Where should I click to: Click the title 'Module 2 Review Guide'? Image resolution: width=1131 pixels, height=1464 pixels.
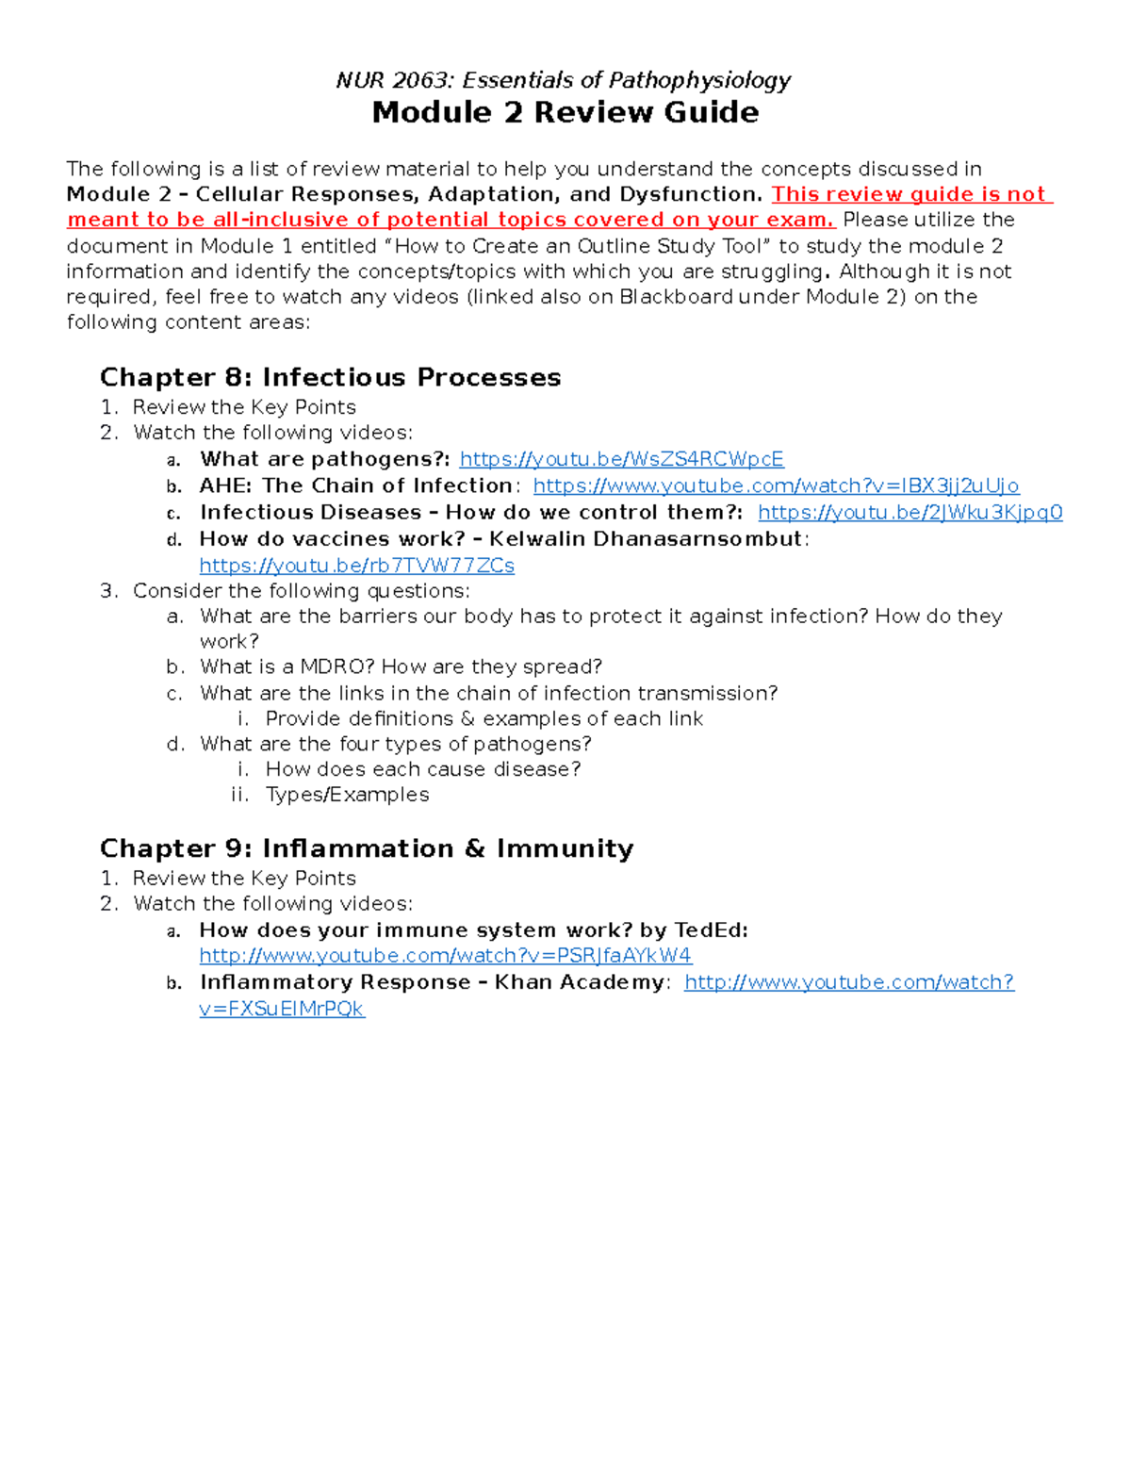[x=565, y=112]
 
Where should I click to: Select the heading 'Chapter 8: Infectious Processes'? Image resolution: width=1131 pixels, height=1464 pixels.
[x=330, y=377]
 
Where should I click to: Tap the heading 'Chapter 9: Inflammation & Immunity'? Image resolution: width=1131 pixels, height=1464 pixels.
[x=367, y=848]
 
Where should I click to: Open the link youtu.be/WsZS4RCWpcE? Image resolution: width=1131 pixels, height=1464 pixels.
[x=621, y=459]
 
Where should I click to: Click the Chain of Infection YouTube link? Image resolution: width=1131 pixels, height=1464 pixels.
[x=776, y=485]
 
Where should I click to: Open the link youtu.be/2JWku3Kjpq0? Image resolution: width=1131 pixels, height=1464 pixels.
[x=910, y=512]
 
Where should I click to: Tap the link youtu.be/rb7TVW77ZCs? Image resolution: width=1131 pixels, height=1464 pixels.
[x=356, y=566]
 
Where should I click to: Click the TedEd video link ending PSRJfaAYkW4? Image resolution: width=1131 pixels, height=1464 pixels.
[x=445, y=956]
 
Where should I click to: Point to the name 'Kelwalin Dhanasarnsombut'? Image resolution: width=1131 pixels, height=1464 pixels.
[x=646, y=539]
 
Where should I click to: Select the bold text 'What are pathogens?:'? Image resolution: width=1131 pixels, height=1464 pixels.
[x=324, y=459]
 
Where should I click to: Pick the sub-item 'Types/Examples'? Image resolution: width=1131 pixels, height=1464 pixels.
[x=347, y=795]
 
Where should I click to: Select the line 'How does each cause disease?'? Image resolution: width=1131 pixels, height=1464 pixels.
[x=423, y=769]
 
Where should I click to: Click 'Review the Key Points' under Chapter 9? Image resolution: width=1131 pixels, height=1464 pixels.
[x=244, y=878]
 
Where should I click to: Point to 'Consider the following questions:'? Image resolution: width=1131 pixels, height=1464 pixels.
[x=301, y=591]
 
